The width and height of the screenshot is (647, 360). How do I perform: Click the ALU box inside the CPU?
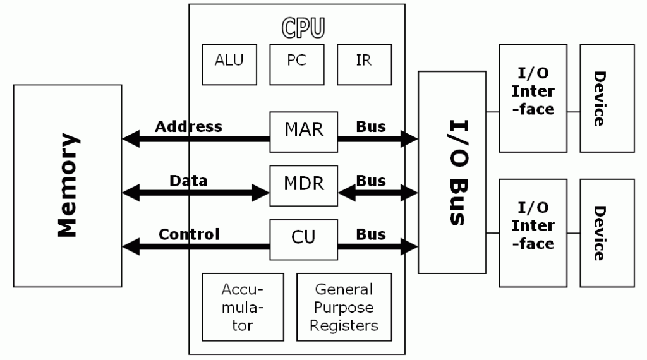(229, 64)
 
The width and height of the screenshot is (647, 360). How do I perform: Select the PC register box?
(296, 64)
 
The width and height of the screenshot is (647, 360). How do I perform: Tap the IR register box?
(364, 64)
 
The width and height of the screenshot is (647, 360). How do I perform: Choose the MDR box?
(304, 185)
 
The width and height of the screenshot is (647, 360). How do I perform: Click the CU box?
(304, 239)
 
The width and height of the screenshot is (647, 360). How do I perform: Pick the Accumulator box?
(243, 307)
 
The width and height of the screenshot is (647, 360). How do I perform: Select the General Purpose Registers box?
(344, 307)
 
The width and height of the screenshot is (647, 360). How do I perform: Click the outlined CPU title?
(303, 28)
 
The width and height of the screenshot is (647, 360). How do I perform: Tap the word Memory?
(68, 185)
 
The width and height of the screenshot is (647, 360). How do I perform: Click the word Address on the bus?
(188, 126)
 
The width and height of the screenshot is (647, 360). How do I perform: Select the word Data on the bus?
(188, 181)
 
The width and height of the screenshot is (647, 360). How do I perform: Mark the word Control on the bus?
(189, 234)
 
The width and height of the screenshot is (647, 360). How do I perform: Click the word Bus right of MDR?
(371, 181)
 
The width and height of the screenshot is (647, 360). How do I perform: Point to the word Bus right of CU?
(371, 234)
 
